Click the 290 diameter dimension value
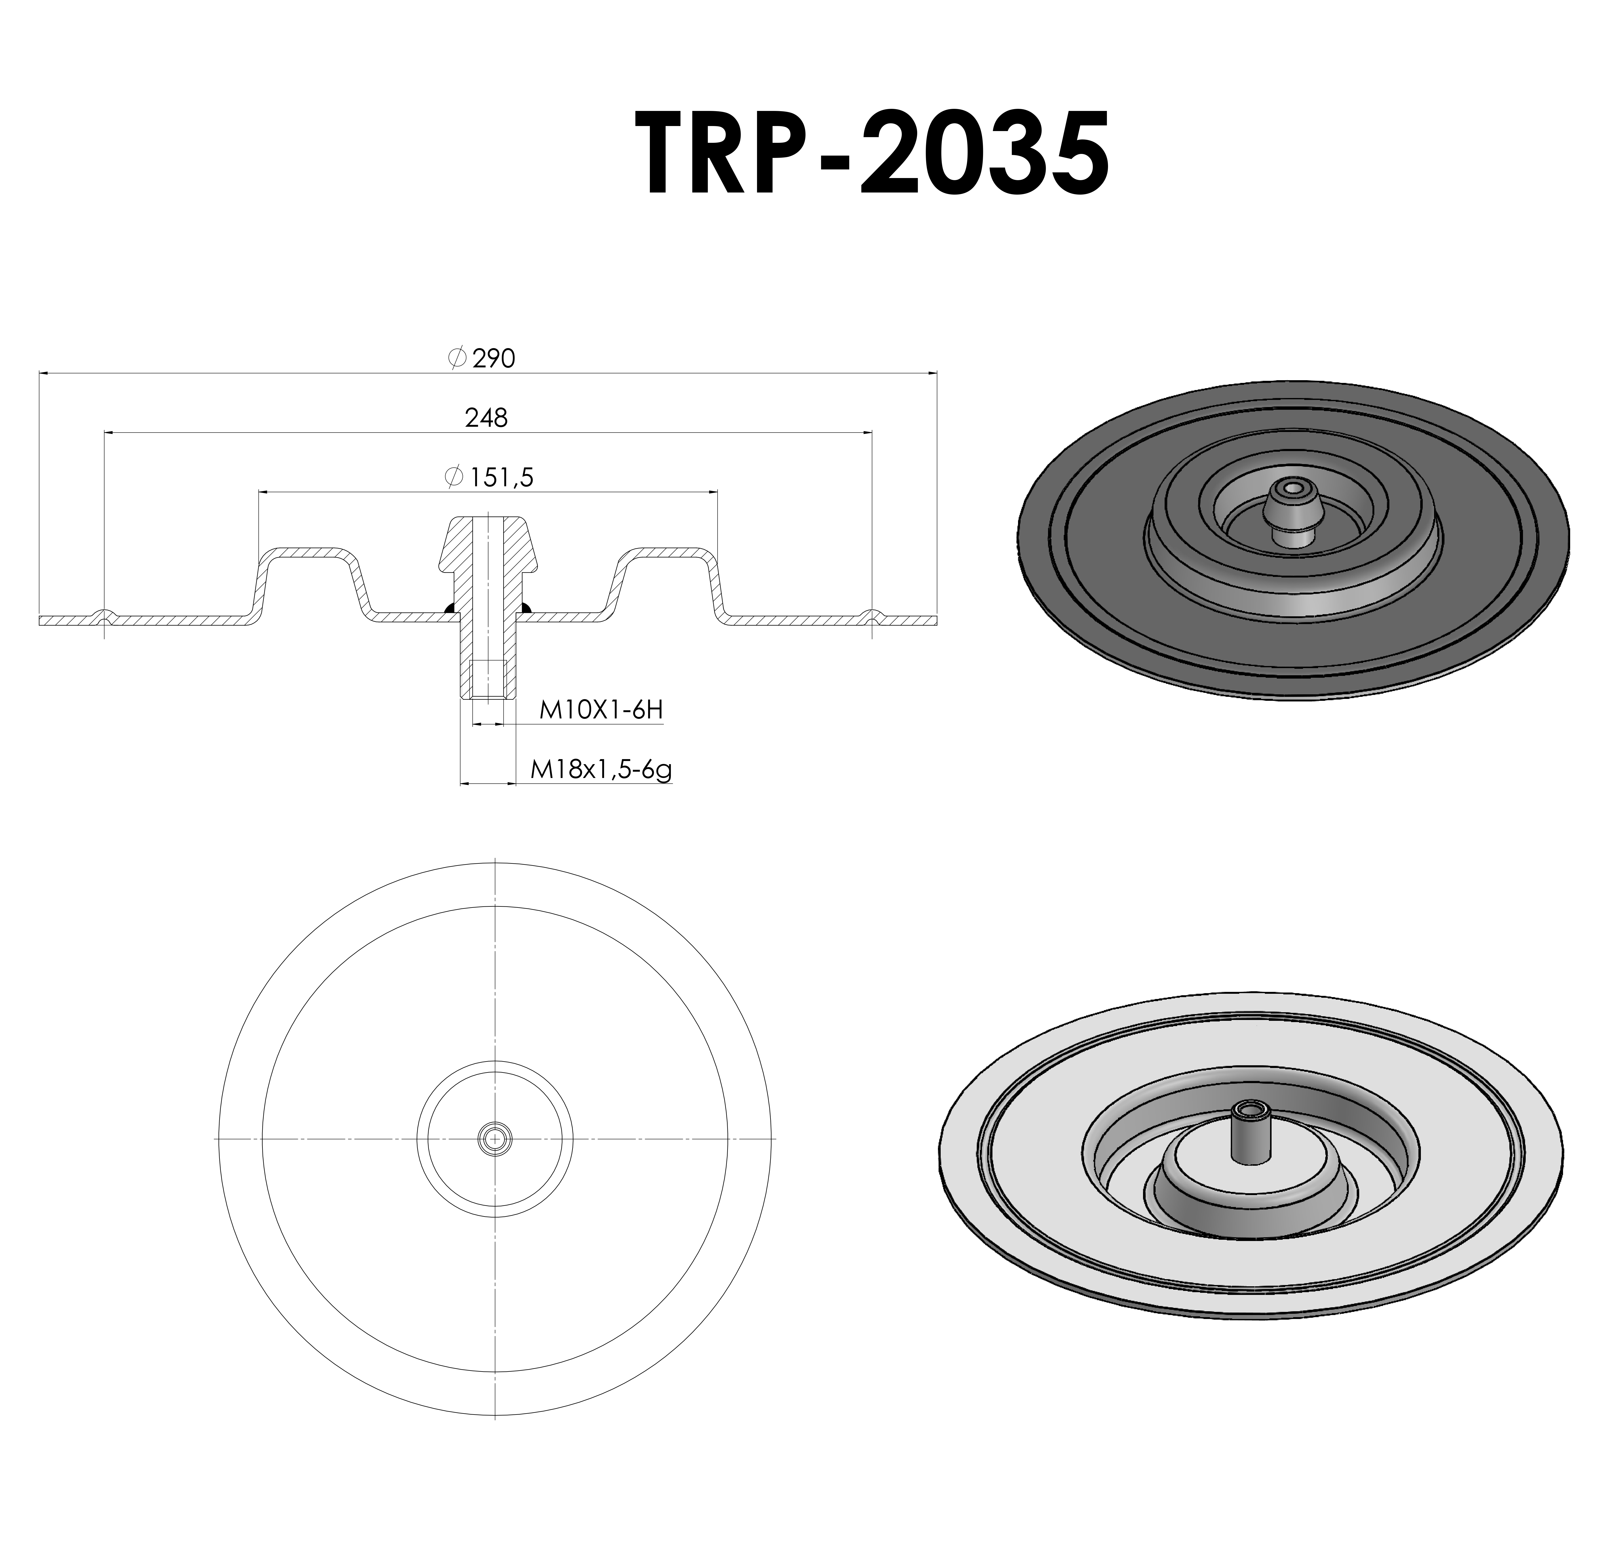coord(494,359)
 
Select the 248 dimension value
coord(486,418)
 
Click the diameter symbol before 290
coord(458,358)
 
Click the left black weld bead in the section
coord(449,609)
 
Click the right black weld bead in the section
coord(526,609)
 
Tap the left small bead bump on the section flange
coord(104,615)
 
